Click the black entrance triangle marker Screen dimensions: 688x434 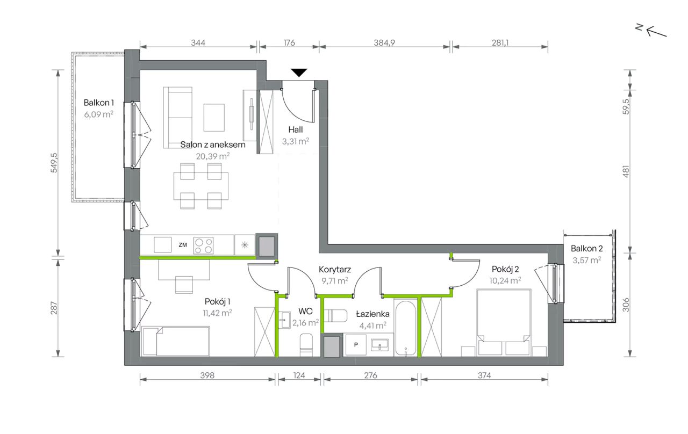point(299,73)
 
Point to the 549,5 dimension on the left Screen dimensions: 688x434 point(54,163)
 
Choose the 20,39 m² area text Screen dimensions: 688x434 point(213,156)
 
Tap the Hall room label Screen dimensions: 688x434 point(296,129)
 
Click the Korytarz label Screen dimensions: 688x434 point(335,269)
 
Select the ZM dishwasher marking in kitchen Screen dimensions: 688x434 point(183,244)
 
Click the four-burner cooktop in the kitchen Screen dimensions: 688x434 point(203,245)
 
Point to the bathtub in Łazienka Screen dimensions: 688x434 point(405,328)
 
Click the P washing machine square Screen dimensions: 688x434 point(356,345)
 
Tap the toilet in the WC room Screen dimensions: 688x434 point(306,345)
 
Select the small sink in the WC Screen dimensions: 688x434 point(285,320)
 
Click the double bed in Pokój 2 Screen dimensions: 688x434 point(504,322)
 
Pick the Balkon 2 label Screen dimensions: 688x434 point(586,248)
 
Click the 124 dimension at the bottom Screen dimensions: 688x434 point(299,375)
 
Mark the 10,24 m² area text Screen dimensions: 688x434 point(505,280)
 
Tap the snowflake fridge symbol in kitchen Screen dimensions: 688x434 point(245,245)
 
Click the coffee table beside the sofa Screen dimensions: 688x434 point(214,117)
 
